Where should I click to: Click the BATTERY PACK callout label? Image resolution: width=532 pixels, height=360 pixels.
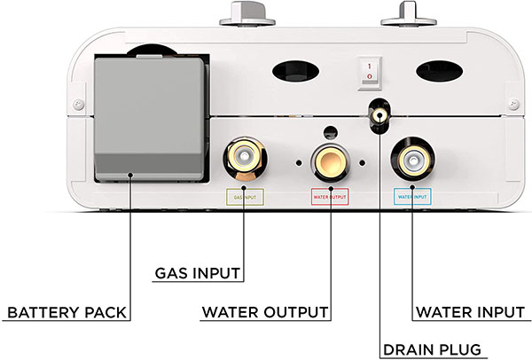66,312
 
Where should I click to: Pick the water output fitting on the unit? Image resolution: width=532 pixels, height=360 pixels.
329,160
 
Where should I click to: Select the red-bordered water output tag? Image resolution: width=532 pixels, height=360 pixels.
329,197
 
